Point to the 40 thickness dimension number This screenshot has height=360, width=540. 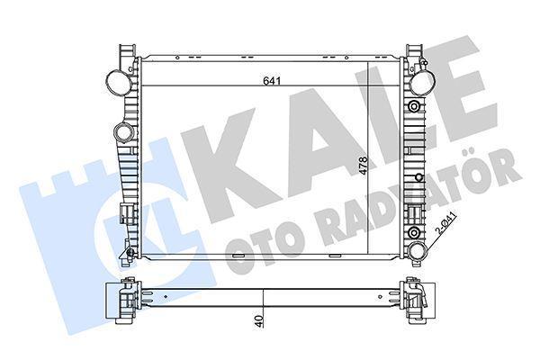pyautogui.click(x=258, y=319)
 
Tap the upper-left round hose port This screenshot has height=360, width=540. pyautogui.click(x=116, y=82)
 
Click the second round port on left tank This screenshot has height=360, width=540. pyautogui.click(x=123, y=134)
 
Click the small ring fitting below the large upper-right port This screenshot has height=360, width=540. pyautogui.click(x=415, y=106)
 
